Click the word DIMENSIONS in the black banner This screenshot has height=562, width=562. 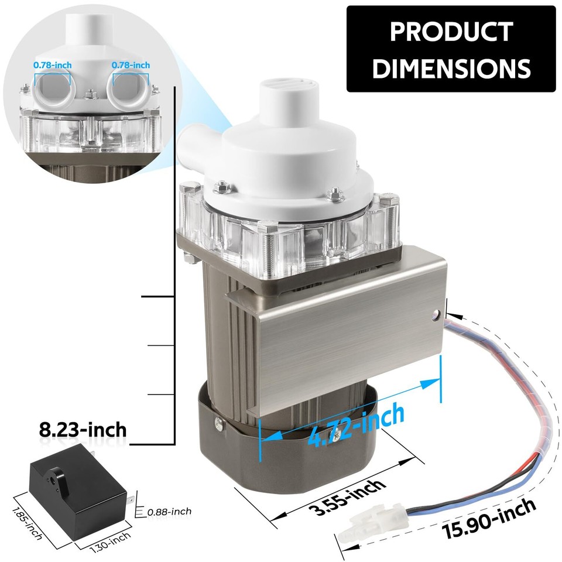tap(451, 68)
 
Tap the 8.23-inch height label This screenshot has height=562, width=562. tap(83, 430)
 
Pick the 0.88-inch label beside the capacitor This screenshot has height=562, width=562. tap(170, 512)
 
